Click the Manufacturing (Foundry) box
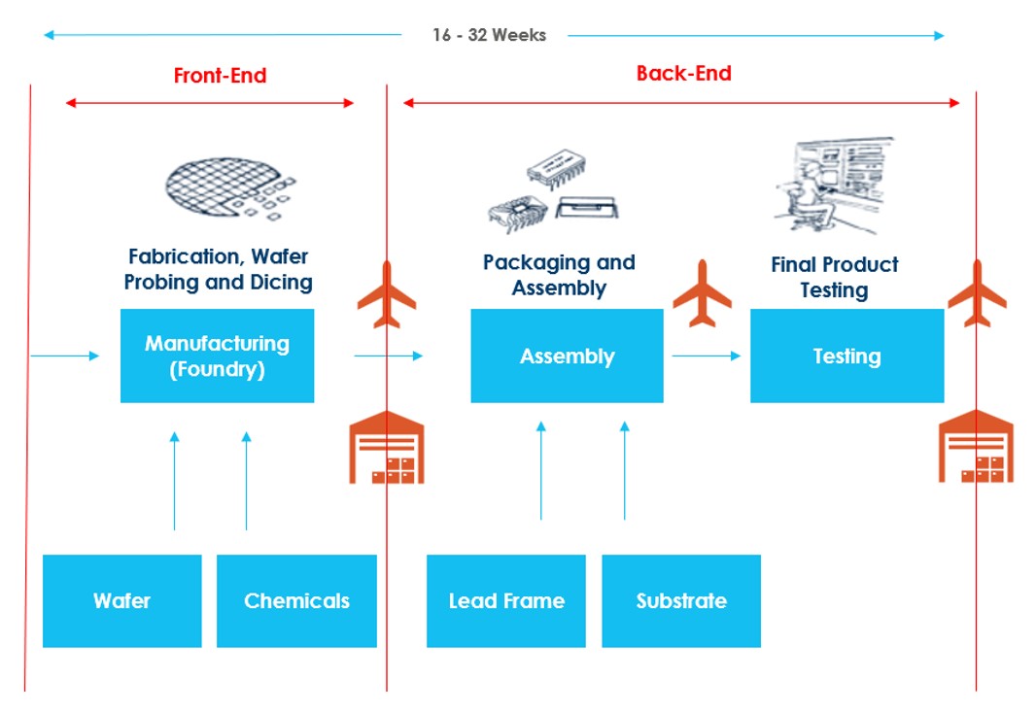pos(217,356)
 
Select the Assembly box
pos(567,356)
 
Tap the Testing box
pos(846,356)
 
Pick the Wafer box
pos(121,600)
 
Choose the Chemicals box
pos(296,600)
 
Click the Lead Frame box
pos(506,600)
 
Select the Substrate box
pos(681,600)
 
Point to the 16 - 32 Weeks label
pos(489,36)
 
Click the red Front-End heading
pos(220,76)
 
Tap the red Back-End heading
pos(683,74)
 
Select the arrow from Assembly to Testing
pos(707,356)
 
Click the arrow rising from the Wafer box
pos(175,481)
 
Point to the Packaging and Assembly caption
pos(559,275)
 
